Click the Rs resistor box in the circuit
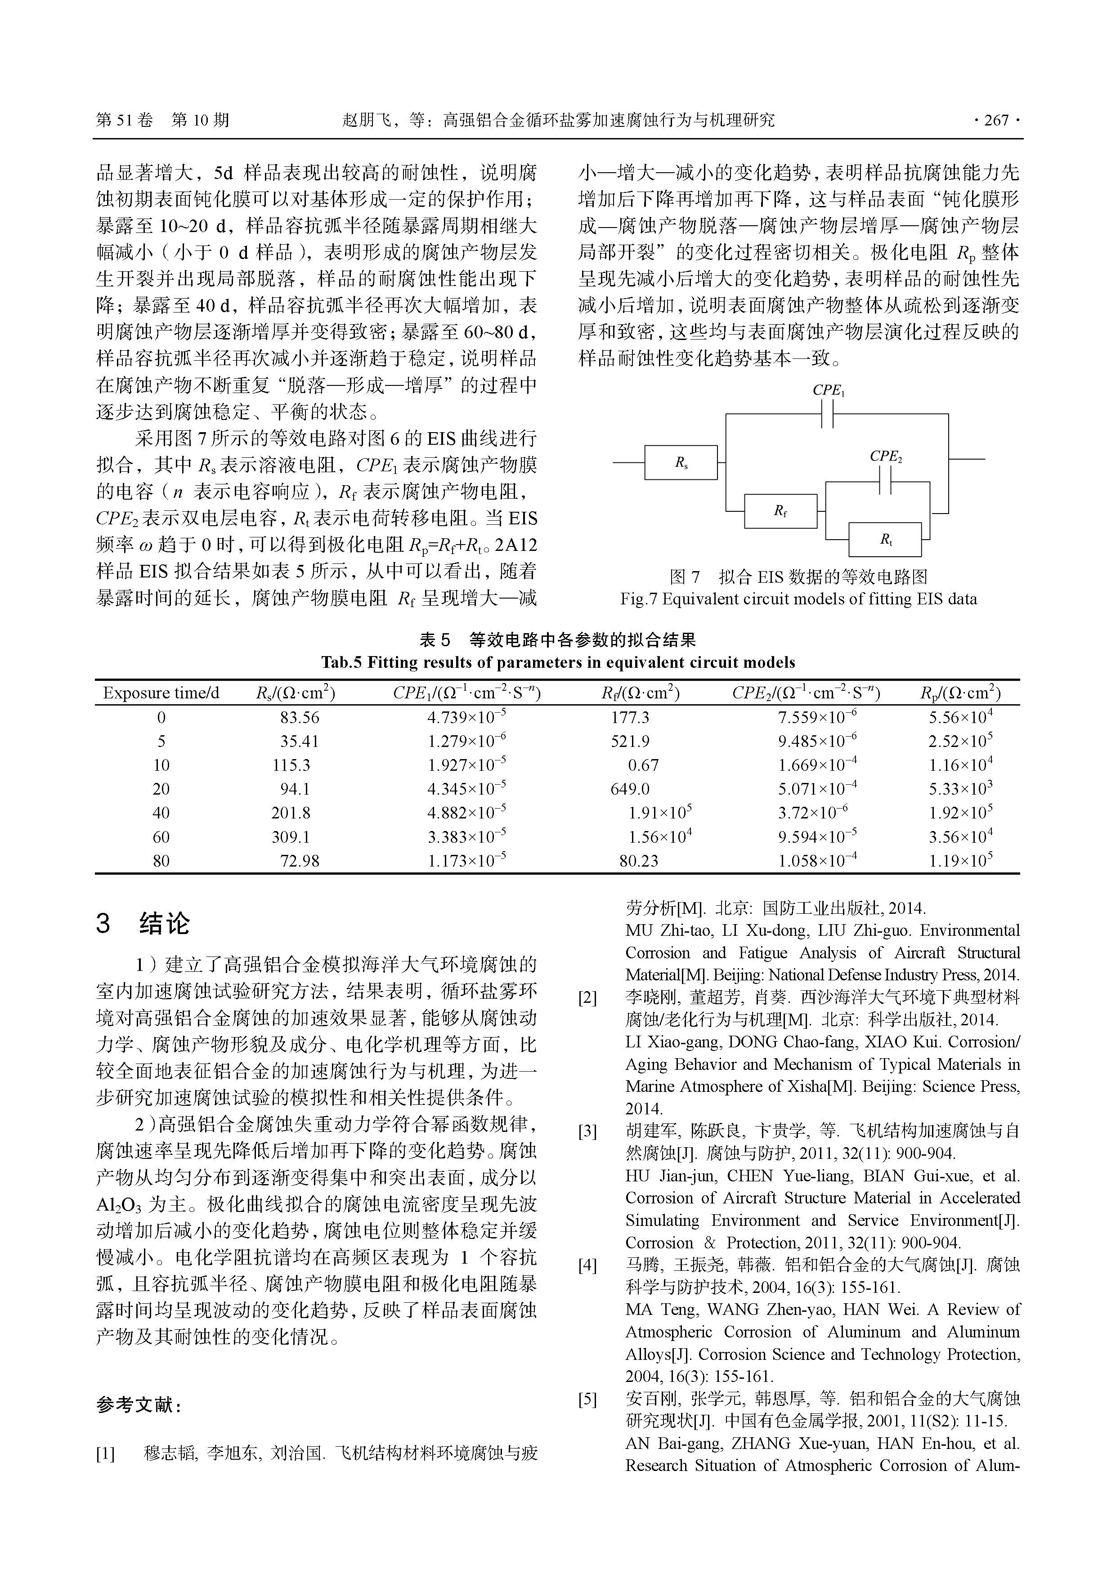[680, 463]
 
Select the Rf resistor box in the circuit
[780, 511]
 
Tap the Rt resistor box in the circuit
[885, 540]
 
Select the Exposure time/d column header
[161, 693]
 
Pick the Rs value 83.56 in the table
[299, 718]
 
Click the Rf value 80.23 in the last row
[638, 860]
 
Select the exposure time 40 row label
[161, 813]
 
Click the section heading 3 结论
[143, 923]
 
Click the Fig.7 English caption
[798, 599]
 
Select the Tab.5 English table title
[558, 662]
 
